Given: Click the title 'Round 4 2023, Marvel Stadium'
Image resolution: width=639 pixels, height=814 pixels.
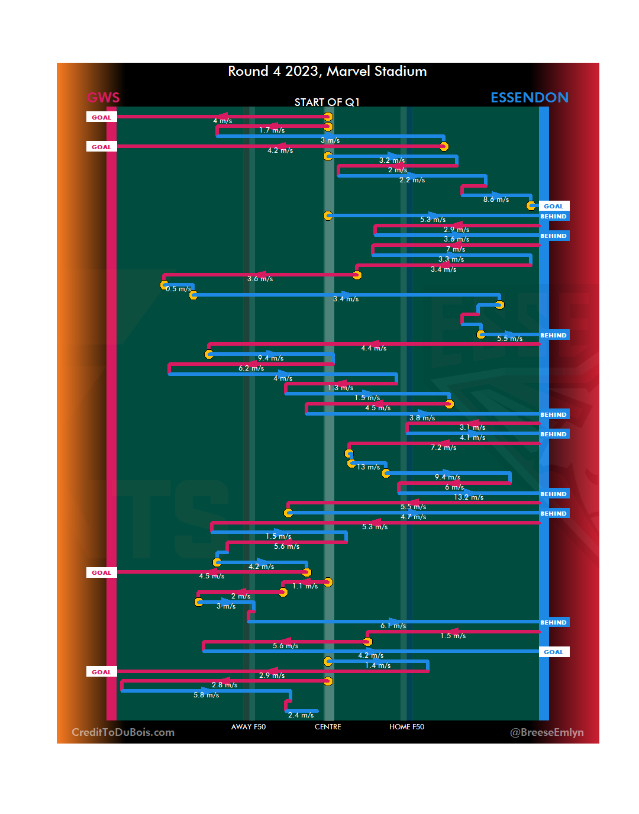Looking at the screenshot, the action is click(327, 72).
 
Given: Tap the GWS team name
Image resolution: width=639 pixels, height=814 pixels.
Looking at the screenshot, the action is click(104, 98).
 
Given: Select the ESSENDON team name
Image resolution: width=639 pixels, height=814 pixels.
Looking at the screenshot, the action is click(529, 98).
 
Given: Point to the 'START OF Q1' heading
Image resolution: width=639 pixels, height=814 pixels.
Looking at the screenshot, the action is click(327, 102).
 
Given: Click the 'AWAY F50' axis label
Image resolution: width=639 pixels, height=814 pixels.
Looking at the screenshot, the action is click(248, 727).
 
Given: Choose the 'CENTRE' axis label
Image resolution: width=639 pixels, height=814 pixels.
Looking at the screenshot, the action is click(328, 727).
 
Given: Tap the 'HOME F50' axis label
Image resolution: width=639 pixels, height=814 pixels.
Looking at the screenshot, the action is click(406, 727).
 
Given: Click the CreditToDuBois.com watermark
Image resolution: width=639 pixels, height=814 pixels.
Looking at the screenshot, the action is click(123, 732).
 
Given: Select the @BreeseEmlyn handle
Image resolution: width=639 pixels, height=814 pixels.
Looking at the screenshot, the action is click(547, 732).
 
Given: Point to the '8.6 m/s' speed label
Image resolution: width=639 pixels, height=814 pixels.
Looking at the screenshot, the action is click(496, 200).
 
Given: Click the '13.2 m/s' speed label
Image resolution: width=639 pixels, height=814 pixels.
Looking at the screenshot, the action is click(469, 497).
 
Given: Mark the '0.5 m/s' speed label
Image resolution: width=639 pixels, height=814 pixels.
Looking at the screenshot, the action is click(178, 289).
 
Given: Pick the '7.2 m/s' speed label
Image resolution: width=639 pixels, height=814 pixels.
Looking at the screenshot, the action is click(443, 448).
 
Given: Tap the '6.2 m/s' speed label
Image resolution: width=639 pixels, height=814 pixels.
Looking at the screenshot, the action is click(251, 369).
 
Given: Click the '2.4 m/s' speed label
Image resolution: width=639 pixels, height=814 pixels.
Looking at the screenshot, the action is click(301, 715).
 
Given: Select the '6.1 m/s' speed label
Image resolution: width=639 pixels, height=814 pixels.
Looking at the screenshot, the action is click(393, 626).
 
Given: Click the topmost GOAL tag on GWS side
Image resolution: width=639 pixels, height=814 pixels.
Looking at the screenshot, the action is click(101, 117).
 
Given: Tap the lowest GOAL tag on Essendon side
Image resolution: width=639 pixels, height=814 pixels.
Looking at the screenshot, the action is click(553, 652).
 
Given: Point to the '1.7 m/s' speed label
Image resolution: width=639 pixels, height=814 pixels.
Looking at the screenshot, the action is click(272, 130).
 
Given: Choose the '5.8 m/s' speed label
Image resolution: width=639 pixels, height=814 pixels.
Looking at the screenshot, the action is click(206, 695).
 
